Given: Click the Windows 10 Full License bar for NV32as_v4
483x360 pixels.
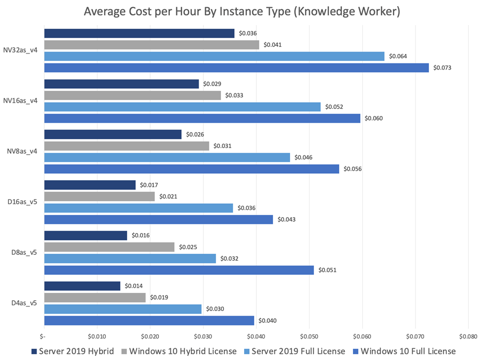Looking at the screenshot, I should pyautogui.click(x=236, y=68).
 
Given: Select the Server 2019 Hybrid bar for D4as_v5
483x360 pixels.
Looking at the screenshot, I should pyautogui.click(x=83, y=286).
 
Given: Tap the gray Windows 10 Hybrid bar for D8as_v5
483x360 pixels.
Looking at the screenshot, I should pyautogui.click(x=109, y=247).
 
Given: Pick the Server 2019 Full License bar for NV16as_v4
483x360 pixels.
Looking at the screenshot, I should pyautogui.click(x=182, y=107).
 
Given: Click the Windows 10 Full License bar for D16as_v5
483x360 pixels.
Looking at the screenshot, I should pyautogui.click(x=158, y=219).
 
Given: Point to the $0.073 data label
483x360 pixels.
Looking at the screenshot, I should pyautogui.click(x=442, y=68).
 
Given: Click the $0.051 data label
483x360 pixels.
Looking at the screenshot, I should pyautogui.click(x=328, y=270).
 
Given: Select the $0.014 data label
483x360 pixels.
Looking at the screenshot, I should pyautogui.click(x=134, y=286).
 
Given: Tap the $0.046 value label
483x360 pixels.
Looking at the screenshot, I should pyautogui.click(x=303, y=157).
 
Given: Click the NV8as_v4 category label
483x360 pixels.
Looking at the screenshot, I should pyautogui.click(x=22, y=152).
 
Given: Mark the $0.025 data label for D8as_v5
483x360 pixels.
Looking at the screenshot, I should pyautogui.click(x=188, y=247).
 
